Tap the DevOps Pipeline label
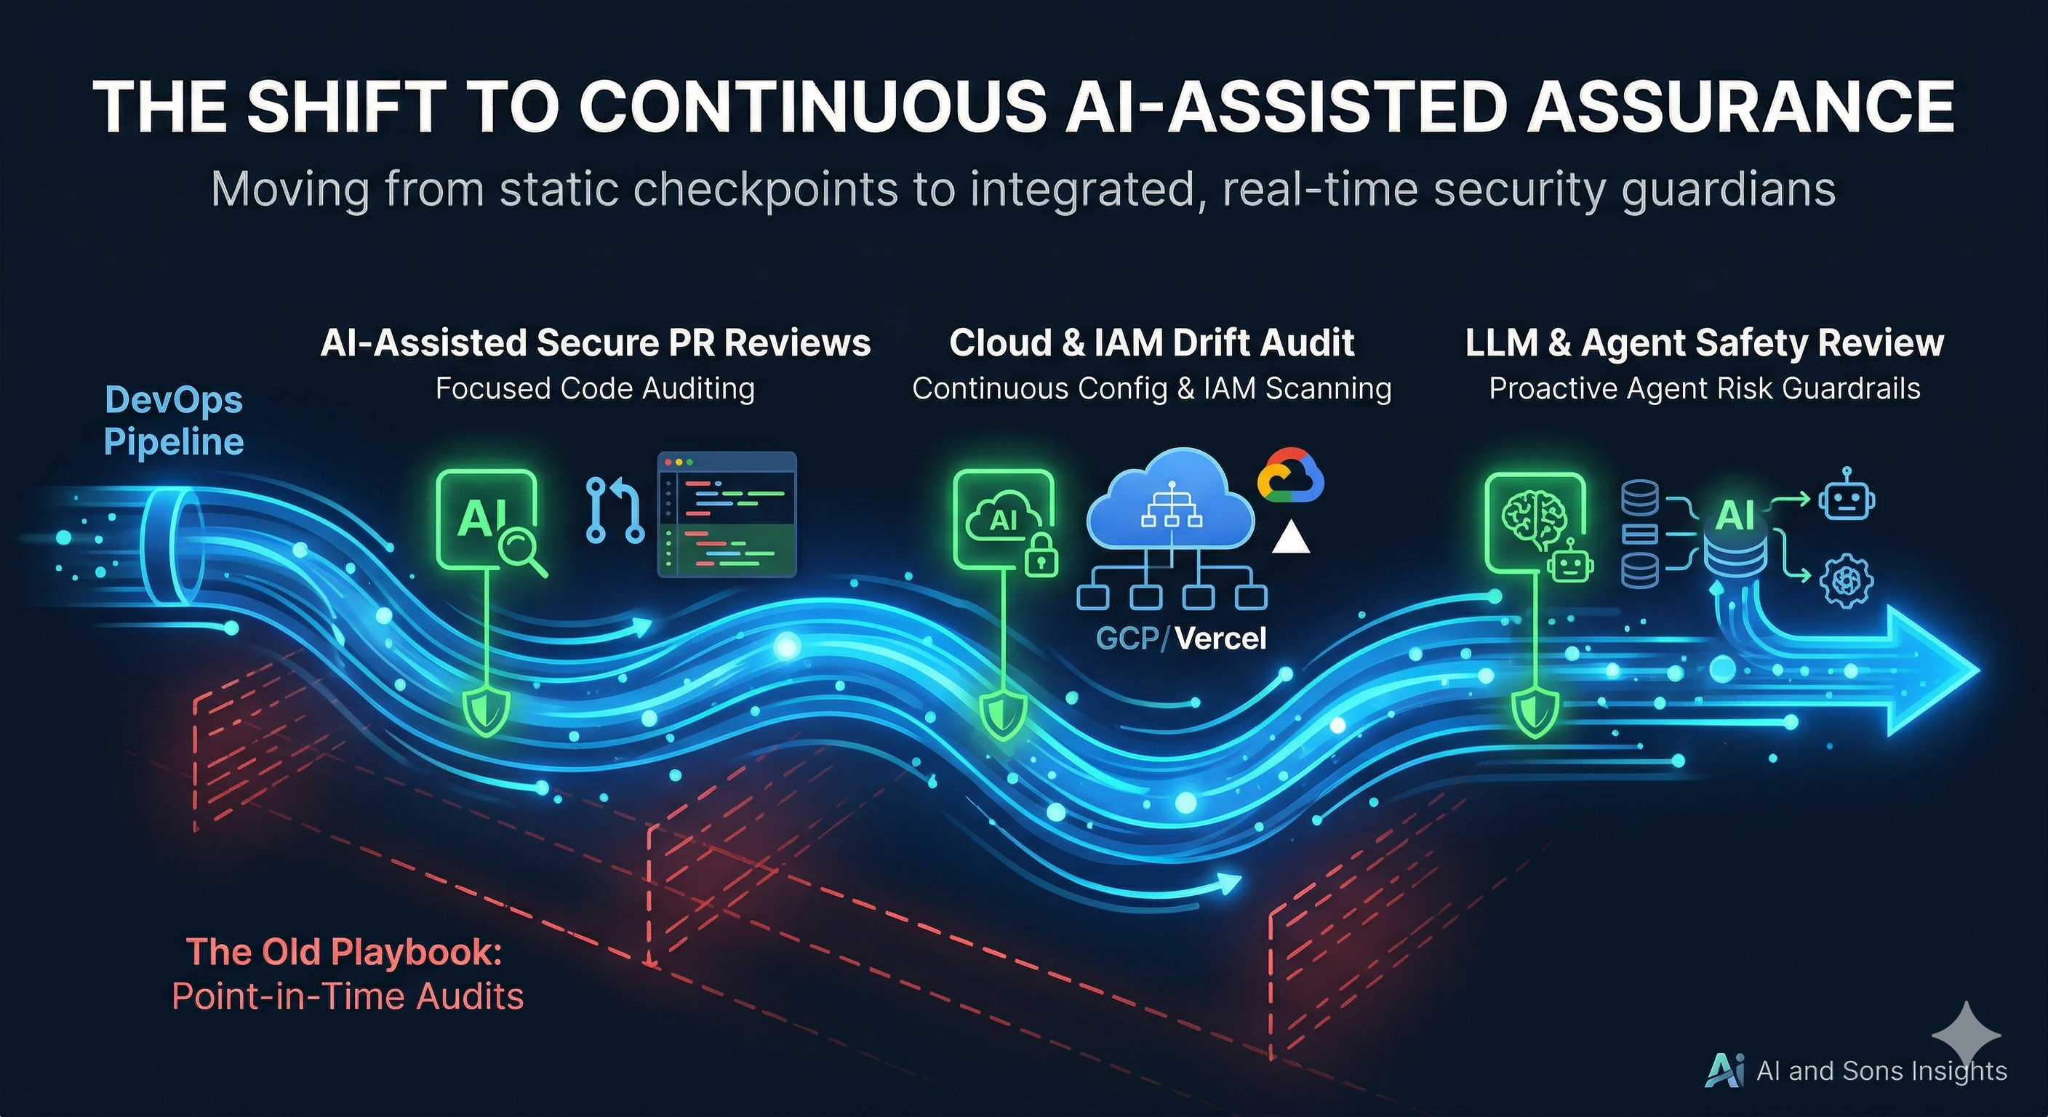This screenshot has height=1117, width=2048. pyautogui.click(x=173, y=420)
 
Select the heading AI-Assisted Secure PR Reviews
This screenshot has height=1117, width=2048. pyautogui.click(x=596, y=343)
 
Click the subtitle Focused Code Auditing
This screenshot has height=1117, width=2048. pyautogui.click(x=596, y=389)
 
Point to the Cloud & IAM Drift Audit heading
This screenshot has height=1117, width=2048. pyautogui.click(x=1151, y=343)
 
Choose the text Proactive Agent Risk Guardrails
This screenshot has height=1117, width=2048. pyautogui.click(x=1704, y=389)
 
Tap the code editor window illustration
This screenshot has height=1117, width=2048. pyautogui.click(x=727, y=514)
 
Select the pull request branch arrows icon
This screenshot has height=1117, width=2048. pyautogui.click(x=615, y=510)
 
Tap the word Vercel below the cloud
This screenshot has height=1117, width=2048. pyautogui.click(x=1220, y=638)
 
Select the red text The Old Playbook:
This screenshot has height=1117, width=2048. pyautogui.click(x=344, y=952)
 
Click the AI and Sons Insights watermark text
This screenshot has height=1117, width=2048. pyautogui.click(x=1881, y=1070)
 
